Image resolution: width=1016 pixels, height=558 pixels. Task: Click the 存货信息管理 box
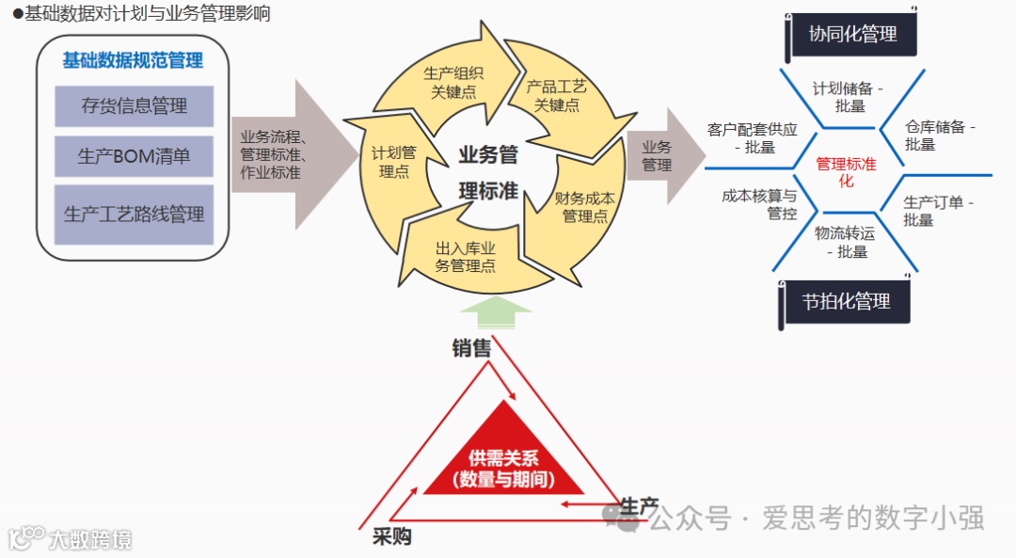134,106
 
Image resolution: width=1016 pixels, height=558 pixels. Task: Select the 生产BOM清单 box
134,156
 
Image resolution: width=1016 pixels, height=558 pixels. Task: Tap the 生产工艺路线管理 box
134,214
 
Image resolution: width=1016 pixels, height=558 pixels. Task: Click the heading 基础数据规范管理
133,61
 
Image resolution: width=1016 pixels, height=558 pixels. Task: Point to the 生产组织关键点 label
453,83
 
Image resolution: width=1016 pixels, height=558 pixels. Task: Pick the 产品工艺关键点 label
557,96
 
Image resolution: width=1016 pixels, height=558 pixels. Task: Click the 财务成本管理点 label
584,207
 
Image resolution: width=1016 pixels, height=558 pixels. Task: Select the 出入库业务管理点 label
466,257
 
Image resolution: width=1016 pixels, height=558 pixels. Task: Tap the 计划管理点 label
393,161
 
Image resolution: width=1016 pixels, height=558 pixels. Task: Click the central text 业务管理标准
488,172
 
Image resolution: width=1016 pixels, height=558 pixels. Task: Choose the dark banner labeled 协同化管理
852,35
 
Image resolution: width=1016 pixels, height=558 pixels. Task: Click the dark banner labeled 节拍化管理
846,302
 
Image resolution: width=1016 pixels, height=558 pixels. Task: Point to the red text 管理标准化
846,171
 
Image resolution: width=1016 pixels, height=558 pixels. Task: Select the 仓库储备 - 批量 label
940,136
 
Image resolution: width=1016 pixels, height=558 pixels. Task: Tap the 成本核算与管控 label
759,204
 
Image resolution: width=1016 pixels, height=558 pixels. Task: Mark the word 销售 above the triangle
471,348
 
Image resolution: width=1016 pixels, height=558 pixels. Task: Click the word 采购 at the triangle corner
392,536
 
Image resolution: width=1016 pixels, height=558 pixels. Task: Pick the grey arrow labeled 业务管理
663,156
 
